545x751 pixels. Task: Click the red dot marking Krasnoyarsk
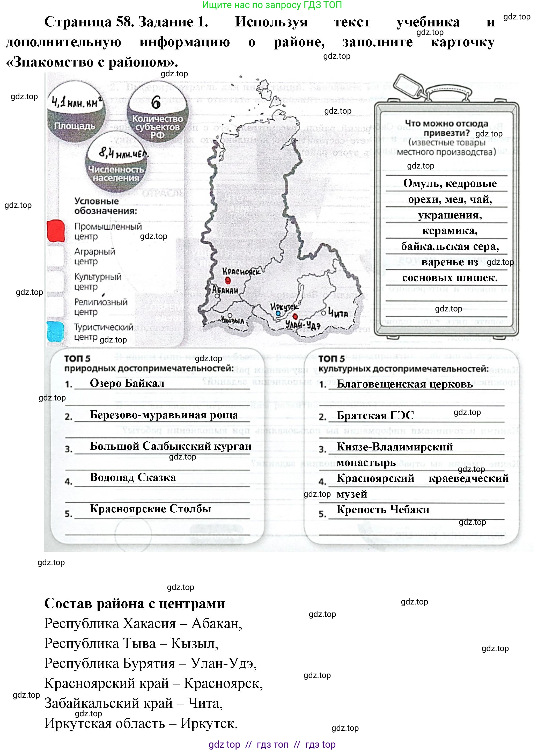click(x=228, y=280)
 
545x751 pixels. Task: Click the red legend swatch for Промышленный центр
click(x=56, y=231)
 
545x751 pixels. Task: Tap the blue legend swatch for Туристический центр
click(x=55, y=331)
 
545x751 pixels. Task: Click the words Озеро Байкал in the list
click(x=127, y=383)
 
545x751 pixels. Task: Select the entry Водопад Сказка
click(x=133, y=477)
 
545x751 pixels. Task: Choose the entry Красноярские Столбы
click(x=150, y=509)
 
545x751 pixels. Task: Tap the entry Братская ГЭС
click(x=375, y=415)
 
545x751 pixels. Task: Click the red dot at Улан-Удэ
click(x=295, y=317)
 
